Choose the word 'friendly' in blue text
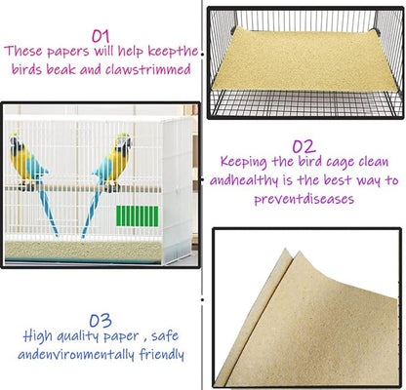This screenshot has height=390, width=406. [x=159, y=355]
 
